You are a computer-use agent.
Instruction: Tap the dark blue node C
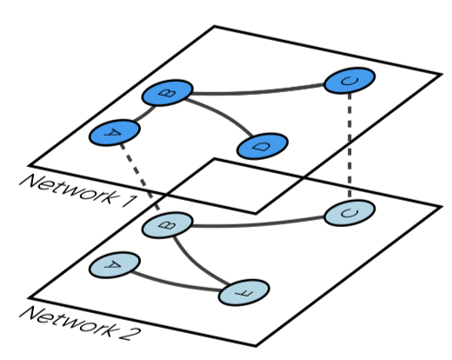(x=349, y=82)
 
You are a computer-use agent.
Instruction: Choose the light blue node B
(x=167, y=228)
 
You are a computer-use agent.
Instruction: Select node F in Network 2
(x=241, y=294)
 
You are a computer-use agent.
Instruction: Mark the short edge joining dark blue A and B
(x=140, y=114)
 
